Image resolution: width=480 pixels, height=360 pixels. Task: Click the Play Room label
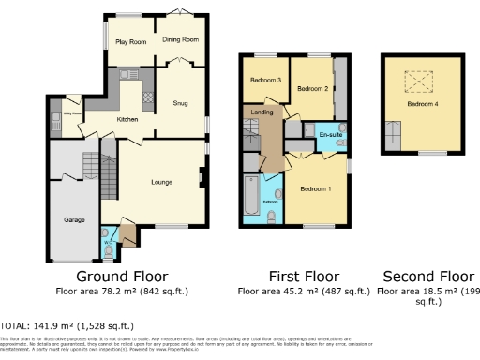(x=130, y=42)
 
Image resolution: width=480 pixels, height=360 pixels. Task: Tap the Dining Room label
(x=180, y=40)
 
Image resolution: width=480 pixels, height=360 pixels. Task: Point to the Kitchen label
(x=127, y=119)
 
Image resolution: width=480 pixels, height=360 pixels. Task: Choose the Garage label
(x=75, y=218)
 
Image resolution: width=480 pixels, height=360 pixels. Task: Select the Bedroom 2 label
(x=311, y=88)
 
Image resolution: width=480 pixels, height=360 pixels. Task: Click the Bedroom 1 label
(x=315, y=188)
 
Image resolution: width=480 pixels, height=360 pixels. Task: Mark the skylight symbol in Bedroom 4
(x=412, y=83)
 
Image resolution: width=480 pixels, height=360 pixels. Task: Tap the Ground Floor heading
(x=122, y=277)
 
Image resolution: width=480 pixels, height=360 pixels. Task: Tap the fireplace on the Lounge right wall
(x=202, y=174)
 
